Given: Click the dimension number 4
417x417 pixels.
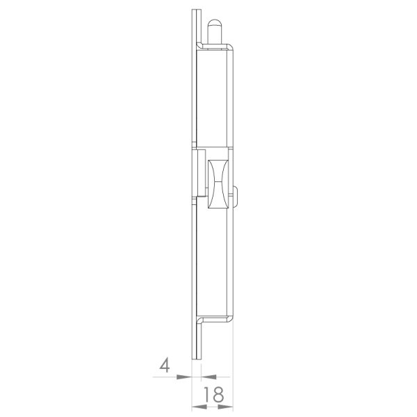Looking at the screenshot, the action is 165,365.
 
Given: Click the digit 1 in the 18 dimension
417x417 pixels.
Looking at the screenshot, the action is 207,394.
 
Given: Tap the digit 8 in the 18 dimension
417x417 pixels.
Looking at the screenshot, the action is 218,394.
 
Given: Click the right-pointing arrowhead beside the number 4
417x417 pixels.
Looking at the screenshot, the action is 184,377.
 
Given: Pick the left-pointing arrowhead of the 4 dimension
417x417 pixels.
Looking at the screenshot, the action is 208,377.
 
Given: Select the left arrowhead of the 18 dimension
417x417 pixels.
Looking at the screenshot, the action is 199,407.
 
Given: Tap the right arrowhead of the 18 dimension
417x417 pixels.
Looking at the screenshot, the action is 225,407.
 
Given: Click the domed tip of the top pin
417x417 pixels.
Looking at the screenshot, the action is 215,23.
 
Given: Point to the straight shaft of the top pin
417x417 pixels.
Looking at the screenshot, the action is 215,35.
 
